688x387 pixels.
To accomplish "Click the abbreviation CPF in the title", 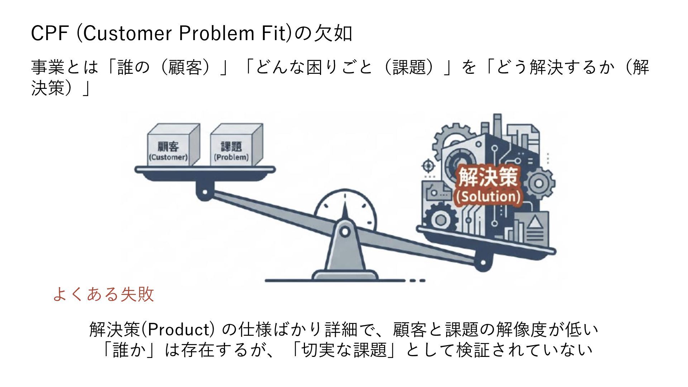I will coord(49,34).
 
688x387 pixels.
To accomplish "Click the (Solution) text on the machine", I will coord(488,197).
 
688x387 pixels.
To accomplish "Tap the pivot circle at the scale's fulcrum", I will coord(345,232).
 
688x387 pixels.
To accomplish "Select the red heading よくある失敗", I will coord(103,294).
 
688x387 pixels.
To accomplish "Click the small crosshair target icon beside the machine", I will coord(428,166).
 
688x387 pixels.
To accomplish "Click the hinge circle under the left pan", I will coord(205,192).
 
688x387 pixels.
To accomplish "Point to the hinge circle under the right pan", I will coord(482,263).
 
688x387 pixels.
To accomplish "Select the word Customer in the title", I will coord(128,34).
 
